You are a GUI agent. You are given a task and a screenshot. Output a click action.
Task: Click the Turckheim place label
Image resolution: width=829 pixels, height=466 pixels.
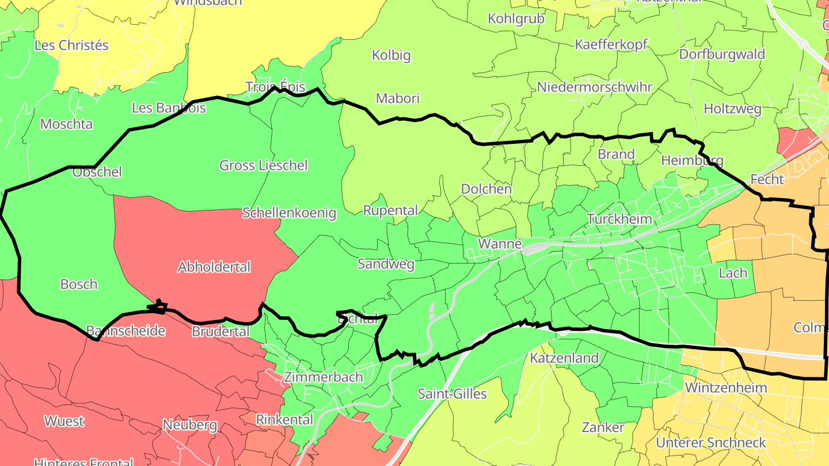point(619,219)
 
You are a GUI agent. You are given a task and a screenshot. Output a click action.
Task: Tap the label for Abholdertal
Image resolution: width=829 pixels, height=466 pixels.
point(214,267)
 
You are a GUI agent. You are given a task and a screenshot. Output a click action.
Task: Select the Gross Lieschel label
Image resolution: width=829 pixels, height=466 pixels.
point(264,166)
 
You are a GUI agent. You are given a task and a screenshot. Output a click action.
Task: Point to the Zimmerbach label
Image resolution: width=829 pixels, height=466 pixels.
point(324,377)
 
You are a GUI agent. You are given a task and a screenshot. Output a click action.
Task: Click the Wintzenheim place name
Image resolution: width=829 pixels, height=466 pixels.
point(726,387)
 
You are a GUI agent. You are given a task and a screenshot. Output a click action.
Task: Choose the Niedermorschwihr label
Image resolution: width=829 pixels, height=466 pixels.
point(595,87)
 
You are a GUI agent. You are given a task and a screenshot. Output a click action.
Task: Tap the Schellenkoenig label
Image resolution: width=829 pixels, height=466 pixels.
point(289,213)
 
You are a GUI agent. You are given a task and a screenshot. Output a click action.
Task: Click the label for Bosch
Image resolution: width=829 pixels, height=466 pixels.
point(79,284)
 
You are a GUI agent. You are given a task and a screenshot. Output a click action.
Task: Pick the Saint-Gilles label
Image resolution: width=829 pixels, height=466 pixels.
point(452,394)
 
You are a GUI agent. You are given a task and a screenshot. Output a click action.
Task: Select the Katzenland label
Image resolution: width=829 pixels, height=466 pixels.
point(564,358)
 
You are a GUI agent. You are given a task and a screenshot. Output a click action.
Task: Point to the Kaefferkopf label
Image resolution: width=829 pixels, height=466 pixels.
point(611,44)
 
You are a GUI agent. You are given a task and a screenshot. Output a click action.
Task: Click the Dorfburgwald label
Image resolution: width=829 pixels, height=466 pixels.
point(722,54)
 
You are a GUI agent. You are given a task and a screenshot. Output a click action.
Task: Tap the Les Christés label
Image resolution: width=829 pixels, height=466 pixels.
point(71,45)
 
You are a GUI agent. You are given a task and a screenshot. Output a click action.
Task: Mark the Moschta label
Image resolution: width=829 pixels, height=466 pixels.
point(66,124)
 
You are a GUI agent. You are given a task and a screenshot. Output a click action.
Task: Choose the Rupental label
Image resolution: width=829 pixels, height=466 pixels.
point(390,211)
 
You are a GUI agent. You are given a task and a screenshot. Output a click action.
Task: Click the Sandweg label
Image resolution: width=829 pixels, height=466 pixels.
point(386,264)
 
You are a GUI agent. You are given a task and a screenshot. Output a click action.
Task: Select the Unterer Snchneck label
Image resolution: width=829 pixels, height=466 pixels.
point(711,442)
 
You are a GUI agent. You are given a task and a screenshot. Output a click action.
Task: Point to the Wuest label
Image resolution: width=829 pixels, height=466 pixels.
point(64,421)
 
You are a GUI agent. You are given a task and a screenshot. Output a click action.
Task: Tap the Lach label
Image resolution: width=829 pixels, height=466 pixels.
point(733,273)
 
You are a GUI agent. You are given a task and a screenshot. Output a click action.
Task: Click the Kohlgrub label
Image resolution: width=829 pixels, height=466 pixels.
point(516,18)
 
